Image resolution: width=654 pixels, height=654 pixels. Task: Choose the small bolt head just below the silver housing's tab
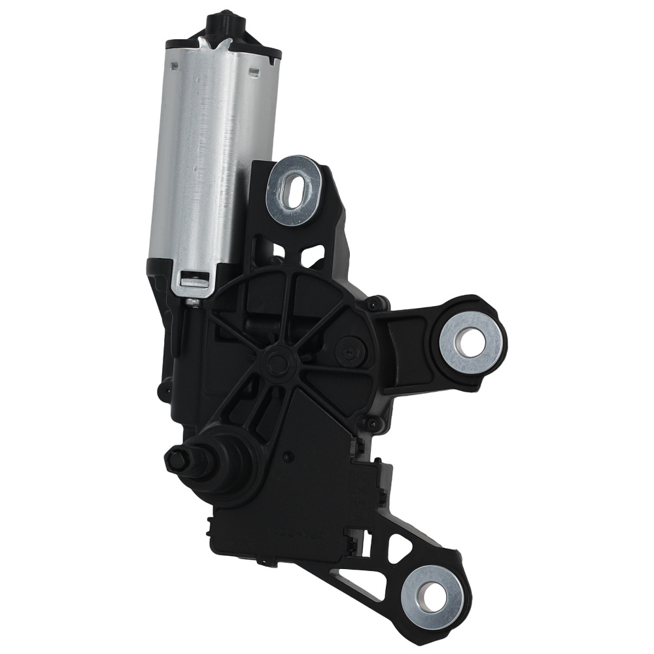coord(193,302)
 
